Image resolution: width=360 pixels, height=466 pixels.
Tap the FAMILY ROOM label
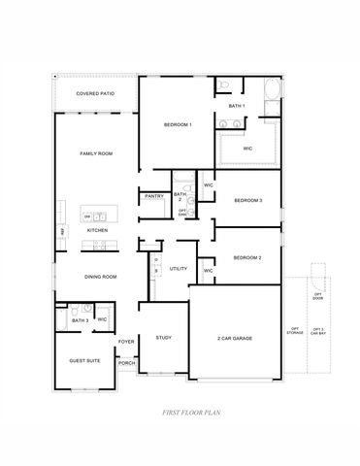click(x=95, y=153)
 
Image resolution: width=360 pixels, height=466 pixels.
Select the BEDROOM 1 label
click(x=178, y=125)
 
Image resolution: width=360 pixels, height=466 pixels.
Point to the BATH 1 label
click(x=236, y=105)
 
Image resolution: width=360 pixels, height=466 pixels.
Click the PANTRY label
click(x=153, y=196)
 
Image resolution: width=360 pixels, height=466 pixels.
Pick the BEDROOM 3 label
click(x=247, y=201)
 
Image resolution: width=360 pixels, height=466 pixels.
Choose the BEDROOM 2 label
click(x=247, y=257)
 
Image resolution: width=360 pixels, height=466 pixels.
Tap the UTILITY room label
click(x=179, y=268)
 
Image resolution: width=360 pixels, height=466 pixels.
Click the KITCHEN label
click(x=97, y=230)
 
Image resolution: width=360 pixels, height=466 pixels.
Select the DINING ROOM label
click(x=101, y=277)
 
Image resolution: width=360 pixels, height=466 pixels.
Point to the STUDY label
click(x=163, y=338)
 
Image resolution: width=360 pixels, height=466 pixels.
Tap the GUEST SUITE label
click(x=83, y=359)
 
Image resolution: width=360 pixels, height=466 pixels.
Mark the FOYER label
click(x=126, y=342)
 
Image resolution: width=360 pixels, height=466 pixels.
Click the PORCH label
click(x=126, y=363)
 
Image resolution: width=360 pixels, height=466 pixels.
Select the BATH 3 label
click(x=80, y=319)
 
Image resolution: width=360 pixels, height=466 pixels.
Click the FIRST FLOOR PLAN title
click(x=192, y=413)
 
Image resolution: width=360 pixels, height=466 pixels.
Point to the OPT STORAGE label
click(x=294, y=331)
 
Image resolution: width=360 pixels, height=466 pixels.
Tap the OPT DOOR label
click(x=317, y=295)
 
